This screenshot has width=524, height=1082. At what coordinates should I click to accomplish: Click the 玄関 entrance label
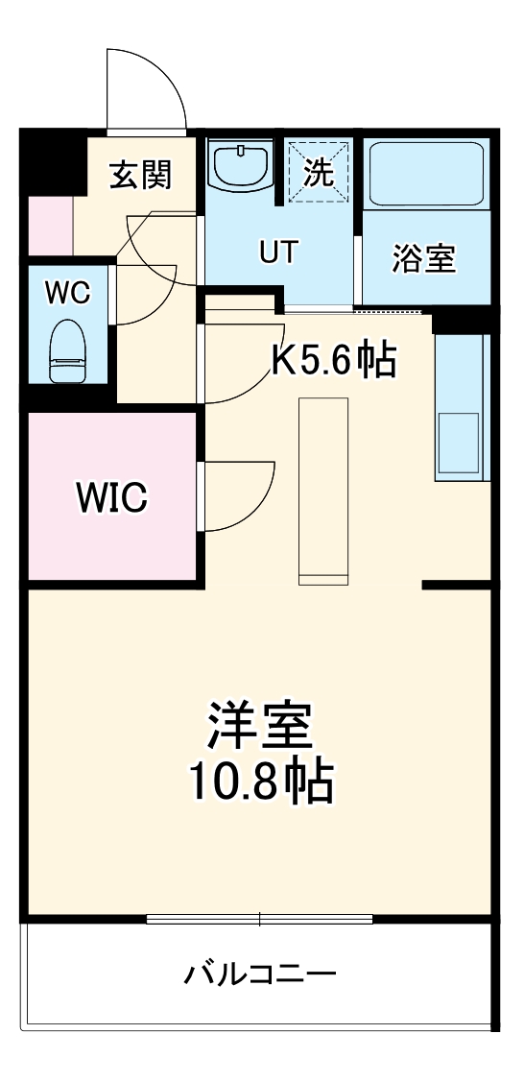[140, 175]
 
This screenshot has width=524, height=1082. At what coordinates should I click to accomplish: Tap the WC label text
[68, 293]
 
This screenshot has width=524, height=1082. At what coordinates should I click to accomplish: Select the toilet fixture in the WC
[68, 352]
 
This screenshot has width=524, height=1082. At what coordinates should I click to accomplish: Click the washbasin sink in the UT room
[240, 167]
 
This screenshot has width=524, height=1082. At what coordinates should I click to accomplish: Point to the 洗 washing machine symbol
[319, 173]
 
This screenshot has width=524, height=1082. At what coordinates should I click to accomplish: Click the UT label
[278, 252]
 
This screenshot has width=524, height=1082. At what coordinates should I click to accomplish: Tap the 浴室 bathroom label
[423, 257]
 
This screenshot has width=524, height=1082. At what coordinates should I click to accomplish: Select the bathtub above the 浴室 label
[425, 174]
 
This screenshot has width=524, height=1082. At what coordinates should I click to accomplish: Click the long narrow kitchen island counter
[322, 490]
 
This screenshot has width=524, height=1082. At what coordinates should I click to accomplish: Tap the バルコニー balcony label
[260, 975]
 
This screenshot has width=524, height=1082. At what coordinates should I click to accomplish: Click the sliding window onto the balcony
[259, 919]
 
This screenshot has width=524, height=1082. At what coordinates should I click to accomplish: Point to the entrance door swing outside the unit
[144, 86]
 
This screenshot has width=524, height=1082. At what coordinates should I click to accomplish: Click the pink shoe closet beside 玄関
[49, 227]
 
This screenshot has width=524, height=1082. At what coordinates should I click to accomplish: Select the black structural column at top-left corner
[53, 159]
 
